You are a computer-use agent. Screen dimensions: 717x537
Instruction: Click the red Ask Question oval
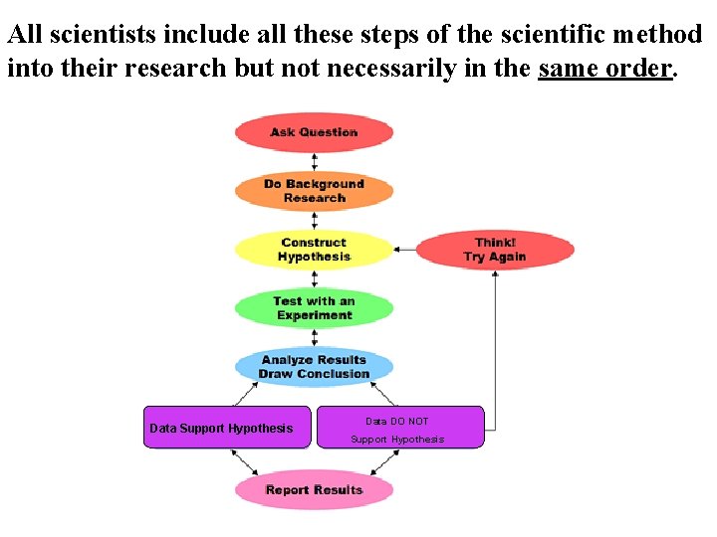[x=314, y=132]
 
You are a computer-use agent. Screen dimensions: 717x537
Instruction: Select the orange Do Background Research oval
[x=314, y=191]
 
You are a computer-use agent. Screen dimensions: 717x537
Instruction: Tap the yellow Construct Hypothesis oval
[x=314, y=250]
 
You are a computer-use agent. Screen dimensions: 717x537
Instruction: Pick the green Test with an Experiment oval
[x=314, y=308]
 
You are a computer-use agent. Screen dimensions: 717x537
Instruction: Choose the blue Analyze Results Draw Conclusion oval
[x=314, y=367]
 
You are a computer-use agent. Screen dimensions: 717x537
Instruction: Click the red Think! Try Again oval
[x=495, y=250]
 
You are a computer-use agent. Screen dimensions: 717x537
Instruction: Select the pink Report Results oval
[x=314, y=489]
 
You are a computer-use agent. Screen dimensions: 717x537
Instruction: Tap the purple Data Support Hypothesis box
[x=227, y=428]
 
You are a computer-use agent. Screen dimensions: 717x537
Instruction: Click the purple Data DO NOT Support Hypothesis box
[x=399, y=428]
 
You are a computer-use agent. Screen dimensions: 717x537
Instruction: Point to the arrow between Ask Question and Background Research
[x=315, y=162]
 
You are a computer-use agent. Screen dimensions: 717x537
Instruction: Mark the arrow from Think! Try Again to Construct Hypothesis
[x=404, y=250]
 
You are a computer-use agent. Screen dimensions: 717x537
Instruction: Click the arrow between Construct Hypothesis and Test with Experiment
[x=315, y=279]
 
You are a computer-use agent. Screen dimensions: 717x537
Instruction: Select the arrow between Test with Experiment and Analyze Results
[x=315, y=338]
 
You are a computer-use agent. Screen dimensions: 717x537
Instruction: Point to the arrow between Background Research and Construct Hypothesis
[x=315, y=221]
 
